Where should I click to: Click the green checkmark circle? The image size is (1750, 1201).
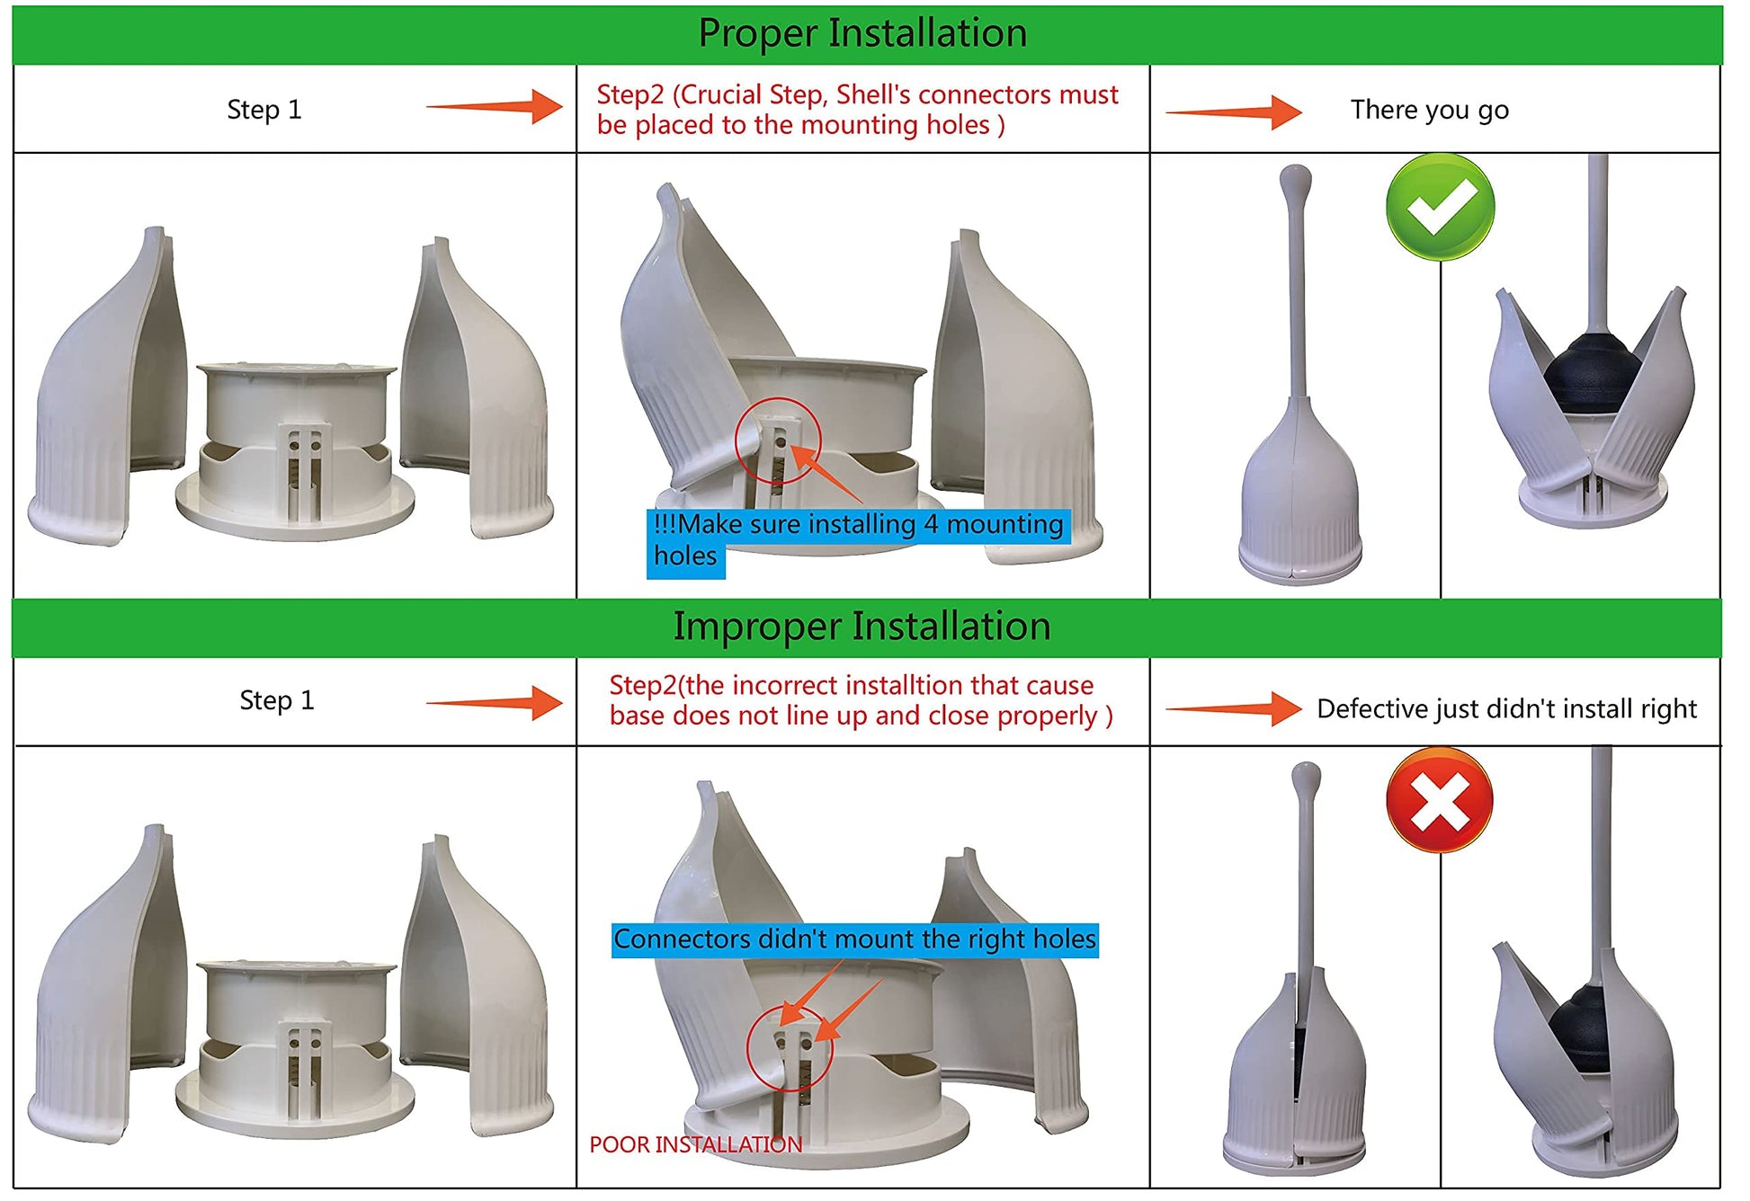coord(1441,206)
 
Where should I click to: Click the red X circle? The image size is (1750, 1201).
coord(1439,800)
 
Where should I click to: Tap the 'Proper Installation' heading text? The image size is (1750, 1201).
coord(862,33)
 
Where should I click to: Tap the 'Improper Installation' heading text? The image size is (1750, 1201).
coord(862,627)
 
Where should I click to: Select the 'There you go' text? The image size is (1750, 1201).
coord(1429,110)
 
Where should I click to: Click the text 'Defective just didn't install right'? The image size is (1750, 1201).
coord(1506,709)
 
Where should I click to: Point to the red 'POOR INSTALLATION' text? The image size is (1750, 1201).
coord(695,1144)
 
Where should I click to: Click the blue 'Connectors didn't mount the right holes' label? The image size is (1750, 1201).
coord(854,939)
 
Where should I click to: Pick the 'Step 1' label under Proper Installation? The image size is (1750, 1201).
coord(264,110)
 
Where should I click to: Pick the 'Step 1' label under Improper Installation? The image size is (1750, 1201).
coord(277,700)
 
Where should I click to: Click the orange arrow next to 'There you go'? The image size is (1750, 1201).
coord(1234,112)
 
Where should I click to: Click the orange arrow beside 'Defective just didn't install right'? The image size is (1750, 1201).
coord(1234,709)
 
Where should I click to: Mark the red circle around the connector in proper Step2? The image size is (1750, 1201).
coord(778,440)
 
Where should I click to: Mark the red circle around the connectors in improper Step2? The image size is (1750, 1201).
coord(790,1048)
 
